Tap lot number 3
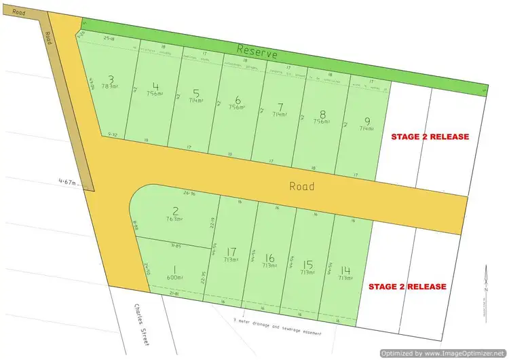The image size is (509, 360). (x=111, y=79)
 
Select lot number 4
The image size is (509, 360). (x=156, y=87)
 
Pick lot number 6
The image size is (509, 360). (x=238, y=99)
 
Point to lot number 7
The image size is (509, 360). (x=280, y=107)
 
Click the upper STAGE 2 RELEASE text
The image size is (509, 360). (x=430, y=137)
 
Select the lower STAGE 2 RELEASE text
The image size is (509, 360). (x=407, y=287)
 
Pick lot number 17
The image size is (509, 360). (x=232, y=252)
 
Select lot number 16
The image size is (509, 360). (x=270, y=257)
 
